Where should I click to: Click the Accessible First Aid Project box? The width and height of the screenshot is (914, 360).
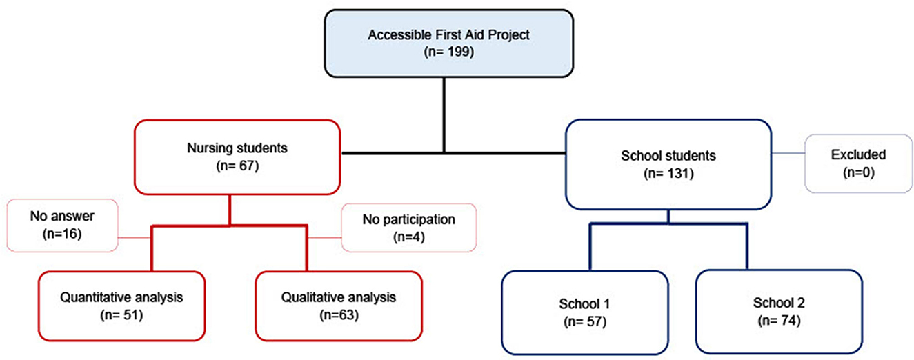[x=449, y=43]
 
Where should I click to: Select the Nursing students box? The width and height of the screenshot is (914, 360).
[x=237, y=157]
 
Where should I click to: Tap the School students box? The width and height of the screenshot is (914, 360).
[x=668, y=164]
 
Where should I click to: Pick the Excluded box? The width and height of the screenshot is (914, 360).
[x=859, y=163]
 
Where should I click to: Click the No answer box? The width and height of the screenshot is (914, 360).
[x=63, y=226]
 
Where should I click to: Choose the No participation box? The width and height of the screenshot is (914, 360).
[x=409, y=228]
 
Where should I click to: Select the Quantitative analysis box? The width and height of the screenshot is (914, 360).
[x=121, y=306]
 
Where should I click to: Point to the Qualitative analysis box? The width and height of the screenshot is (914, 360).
[x=339, y=306]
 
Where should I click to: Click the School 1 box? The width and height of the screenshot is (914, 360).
[x=585, y=312]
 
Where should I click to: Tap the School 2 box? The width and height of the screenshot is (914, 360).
[x=779, y=312]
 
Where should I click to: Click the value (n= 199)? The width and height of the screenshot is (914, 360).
[x=449, y=52]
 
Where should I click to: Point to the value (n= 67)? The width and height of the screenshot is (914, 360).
[x=237, y=166]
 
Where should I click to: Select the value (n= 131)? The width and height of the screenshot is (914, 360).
[x=668, y=174]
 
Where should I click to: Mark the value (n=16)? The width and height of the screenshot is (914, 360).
[x=62, y=234]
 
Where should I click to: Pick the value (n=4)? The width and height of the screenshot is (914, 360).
[x=409, y=237]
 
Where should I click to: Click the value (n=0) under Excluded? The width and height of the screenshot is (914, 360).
[x=859, y=172]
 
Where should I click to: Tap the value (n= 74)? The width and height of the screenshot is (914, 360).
[x=779, y=321]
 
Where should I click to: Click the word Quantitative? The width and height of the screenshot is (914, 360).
[x=95, y=297]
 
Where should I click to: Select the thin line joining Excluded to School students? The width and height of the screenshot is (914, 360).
[x=788, y=154]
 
